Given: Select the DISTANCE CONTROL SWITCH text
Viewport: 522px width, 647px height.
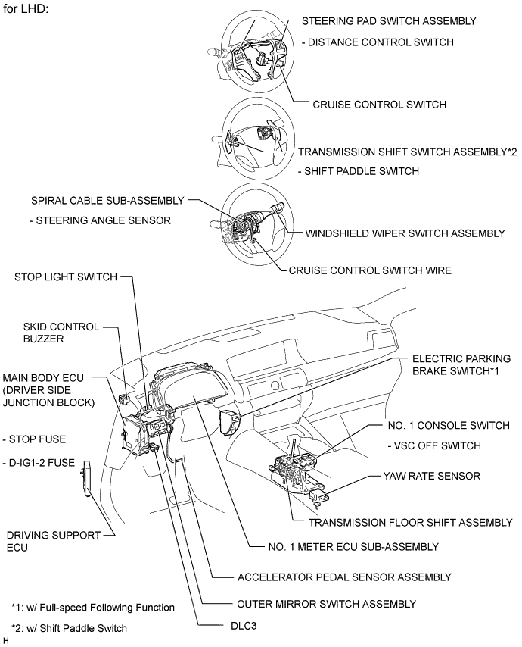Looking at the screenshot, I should pyautogui.click(x=384, y=42).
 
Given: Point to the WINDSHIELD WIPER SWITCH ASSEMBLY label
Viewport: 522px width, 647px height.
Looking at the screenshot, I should pyautogui.click(x=405, y=233).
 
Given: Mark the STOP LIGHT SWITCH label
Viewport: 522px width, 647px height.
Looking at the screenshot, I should pyautogui.click(x=66, y=277).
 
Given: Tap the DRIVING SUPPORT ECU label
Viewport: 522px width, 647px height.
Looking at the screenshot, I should pyautogui.click(x=52, y=540).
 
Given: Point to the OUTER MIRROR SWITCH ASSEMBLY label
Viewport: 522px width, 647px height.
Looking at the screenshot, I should pyautogui.click(x=326, y=604).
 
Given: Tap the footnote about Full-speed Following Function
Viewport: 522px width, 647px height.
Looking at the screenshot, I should pyautogui.click(x=93, y=608).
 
